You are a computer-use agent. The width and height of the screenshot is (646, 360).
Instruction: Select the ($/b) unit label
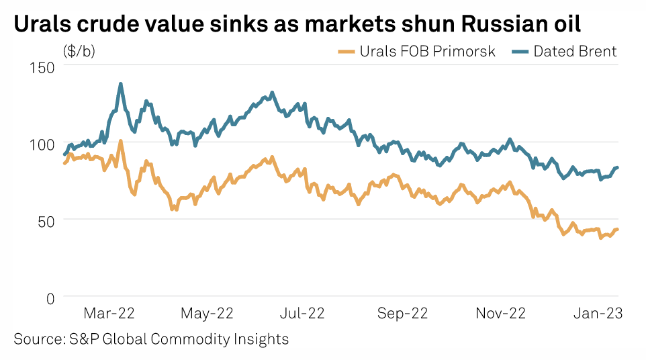79,52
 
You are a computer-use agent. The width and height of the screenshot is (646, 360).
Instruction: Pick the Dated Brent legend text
575,52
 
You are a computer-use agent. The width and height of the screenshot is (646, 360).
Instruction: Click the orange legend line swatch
345,52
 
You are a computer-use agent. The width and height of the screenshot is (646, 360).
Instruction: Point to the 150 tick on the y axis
42,67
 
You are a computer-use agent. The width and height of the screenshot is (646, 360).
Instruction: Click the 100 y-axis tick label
42,143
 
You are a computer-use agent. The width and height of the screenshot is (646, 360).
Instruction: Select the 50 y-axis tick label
46,220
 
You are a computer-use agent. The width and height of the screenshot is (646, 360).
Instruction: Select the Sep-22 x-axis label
402,313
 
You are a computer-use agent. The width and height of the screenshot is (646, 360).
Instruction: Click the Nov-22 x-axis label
500,313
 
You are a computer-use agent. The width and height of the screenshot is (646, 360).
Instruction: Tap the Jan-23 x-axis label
596,313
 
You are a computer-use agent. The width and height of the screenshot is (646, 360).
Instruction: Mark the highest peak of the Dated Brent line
120,84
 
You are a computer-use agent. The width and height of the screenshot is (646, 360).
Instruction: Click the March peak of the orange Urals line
120,141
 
